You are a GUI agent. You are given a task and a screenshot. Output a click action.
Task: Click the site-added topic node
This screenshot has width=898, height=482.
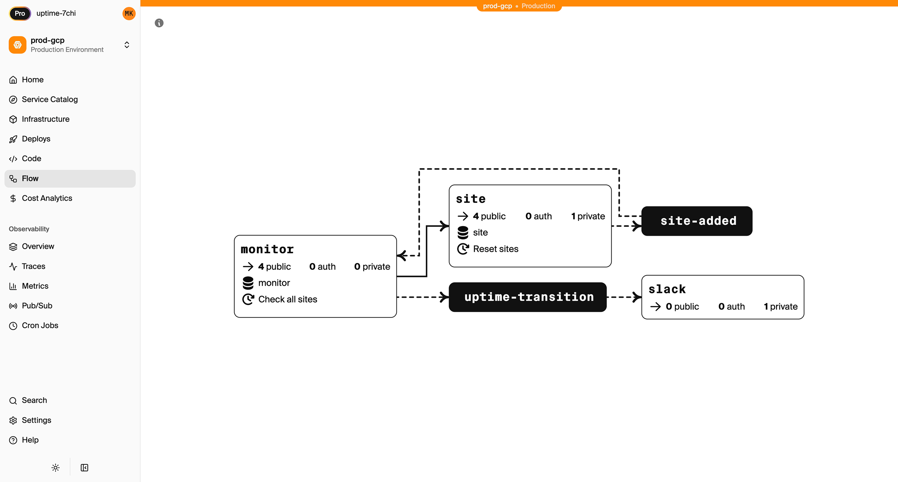pyautogui.click(x=697, y=221)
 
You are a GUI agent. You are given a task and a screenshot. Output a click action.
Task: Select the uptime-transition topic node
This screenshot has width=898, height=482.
pyautogui.click(x=528, y=297)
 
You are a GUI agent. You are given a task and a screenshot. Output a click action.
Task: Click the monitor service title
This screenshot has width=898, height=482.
pyautogui.click(x=267, y=249)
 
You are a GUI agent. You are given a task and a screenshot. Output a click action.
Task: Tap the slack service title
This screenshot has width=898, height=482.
pyautogui.click(x=667, y=289)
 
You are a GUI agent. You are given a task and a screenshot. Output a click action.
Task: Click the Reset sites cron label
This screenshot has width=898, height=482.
pyautogui.click(x=495, y=249)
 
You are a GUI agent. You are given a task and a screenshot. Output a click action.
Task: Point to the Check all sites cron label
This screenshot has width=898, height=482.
pyautogui.click(x=288, y=299)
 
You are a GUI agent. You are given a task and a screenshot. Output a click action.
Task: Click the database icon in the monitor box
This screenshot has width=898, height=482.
pyautogui.click(x=248, y=283)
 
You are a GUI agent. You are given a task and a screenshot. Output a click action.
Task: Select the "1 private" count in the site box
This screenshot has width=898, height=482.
pyautogui.click(x=588, y=216)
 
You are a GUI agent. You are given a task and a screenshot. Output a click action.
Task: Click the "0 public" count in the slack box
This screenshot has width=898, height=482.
pyautogui.click(x=682, y=306)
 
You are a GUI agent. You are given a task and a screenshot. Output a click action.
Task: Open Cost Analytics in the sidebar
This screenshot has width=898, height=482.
pyautogui.click(x=47, y=198)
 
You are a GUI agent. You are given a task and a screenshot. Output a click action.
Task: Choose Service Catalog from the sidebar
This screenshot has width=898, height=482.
pyautogui.click(x=50, y=99)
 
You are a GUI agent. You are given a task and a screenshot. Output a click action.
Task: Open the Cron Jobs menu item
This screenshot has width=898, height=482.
pyautogui.click(x=40, y=325)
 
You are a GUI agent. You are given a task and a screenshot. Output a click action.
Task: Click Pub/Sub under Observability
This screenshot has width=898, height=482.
pyautogui.click(x=37, y=305)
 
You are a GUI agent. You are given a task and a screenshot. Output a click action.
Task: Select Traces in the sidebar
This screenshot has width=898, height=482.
pyautogui.click(x=34, y=266)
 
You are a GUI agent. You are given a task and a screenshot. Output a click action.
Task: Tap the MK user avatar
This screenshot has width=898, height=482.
pyautogui.click(x=129, y=13)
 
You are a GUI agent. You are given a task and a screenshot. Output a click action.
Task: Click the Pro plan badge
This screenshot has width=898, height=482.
pyautogui.click(x=20, y=13)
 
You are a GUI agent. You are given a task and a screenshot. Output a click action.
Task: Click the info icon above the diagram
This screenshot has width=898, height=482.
pyautogui.click(x=159, y=23)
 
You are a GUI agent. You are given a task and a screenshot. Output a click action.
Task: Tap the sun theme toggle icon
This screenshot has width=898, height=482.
pyautogui.click(x=56, y=467)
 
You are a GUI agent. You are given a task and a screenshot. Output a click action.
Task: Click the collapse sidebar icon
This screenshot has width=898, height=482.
pyautogui.click(x=84, y=467)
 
